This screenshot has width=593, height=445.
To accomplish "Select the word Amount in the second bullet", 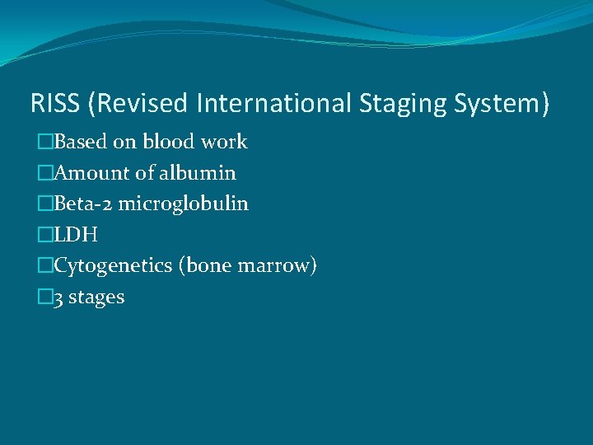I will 88,173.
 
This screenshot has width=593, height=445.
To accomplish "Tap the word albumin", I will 196,173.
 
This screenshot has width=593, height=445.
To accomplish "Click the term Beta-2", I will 86,204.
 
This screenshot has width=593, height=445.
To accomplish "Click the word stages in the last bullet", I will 96,298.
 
